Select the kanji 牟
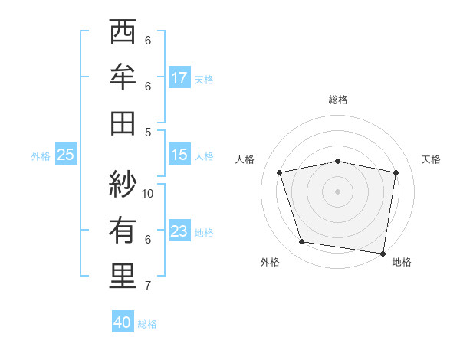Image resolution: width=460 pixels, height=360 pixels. (123, 77)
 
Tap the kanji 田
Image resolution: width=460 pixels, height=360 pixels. (123, 123)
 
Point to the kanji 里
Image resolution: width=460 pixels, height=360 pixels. (123, 277)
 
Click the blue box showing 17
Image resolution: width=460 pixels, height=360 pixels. (179, 78)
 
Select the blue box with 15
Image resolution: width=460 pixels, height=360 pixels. (179, 155)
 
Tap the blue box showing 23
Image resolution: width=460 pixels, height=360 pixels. (179, 231)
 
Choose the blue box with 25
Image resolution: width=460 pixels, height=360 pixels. (66, 155)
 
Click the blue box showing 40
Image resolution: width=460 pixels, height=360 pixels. (123, 322)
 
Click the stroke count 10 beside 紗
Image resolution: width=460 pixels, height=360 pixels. (149, 193)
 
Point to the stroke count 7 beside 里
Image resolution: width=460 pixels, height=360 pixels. (148, 286)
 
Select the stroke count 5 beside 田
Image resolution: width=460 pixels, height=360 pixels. (148, 132)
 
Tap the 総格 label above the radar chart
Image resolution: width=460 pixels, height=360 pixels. (338, 100)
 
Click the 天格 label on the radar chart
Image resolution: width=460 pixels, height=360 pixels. (432, 159)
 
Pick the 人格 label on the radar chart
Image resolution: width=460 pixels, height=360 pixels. (245, 159)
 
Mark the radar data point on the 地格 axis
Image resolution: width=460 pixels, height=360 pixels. (383, 253)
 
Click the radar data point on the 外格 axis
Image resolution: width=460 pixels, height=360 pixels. (302, 242)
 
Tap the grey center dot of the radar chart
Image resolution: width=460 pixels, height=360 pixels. (338, 191)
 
